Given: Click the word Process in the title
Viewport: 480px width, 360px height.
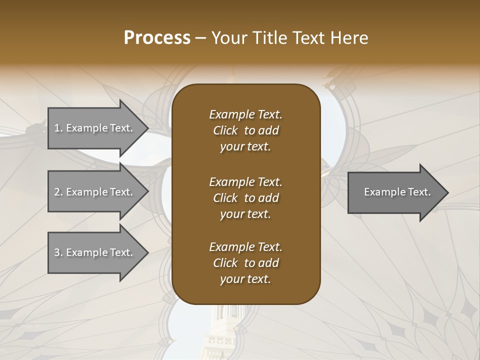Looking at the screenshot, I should [157, 38].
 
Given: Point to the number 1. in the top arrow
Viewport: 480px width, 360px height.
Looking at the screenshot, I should [58, 128].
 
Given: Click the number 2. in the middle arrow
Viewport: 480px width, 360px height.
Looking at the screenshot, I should [58, 192].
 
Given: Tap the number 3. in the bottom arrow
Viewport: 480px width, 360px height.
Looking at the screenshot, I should [58, 252].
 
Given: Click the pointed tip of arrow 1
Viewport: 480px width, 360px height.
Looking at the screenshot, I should [146, 128].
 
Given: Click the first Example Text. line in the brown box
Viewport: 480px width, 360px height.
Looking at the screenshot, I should [245, 114].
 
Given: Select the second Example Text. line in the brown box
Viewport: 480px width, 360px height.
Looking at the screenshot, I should [245, 181].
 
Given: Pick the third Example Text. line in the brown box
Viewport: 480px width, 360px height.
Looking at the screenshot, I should [245, 246].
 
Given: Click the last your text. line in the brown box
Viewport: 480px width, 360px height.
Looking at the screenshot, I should [245, 279].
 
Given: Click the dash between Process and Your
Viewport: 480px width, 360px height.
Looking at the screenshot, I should [201, 38].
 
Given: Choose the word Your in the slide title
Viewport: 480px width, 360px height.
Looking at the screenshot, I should [228, 38].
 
